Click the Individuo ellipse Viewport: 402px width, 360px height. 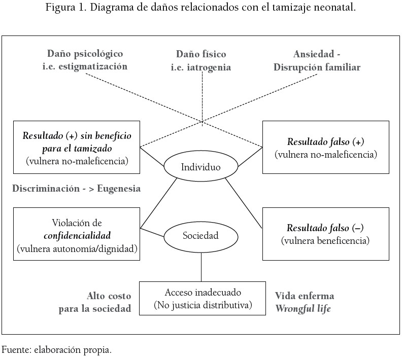coord(201,167)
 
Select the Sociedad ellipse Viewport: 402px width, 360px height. coord(201,235)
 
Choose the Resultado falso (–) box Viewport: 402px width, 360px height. coord(325,234)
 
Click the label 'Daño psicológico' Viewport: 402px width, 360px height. coord(85,53)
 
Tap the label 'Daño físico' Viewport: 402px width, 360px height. coord(201,54)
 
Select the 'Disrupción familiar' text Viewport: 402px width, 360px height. coord(317,67)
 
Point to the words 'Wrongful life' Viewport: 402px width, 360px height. coord(303,308)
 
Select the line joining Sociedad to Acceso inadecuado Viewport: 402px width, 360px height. coord(202,267)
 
